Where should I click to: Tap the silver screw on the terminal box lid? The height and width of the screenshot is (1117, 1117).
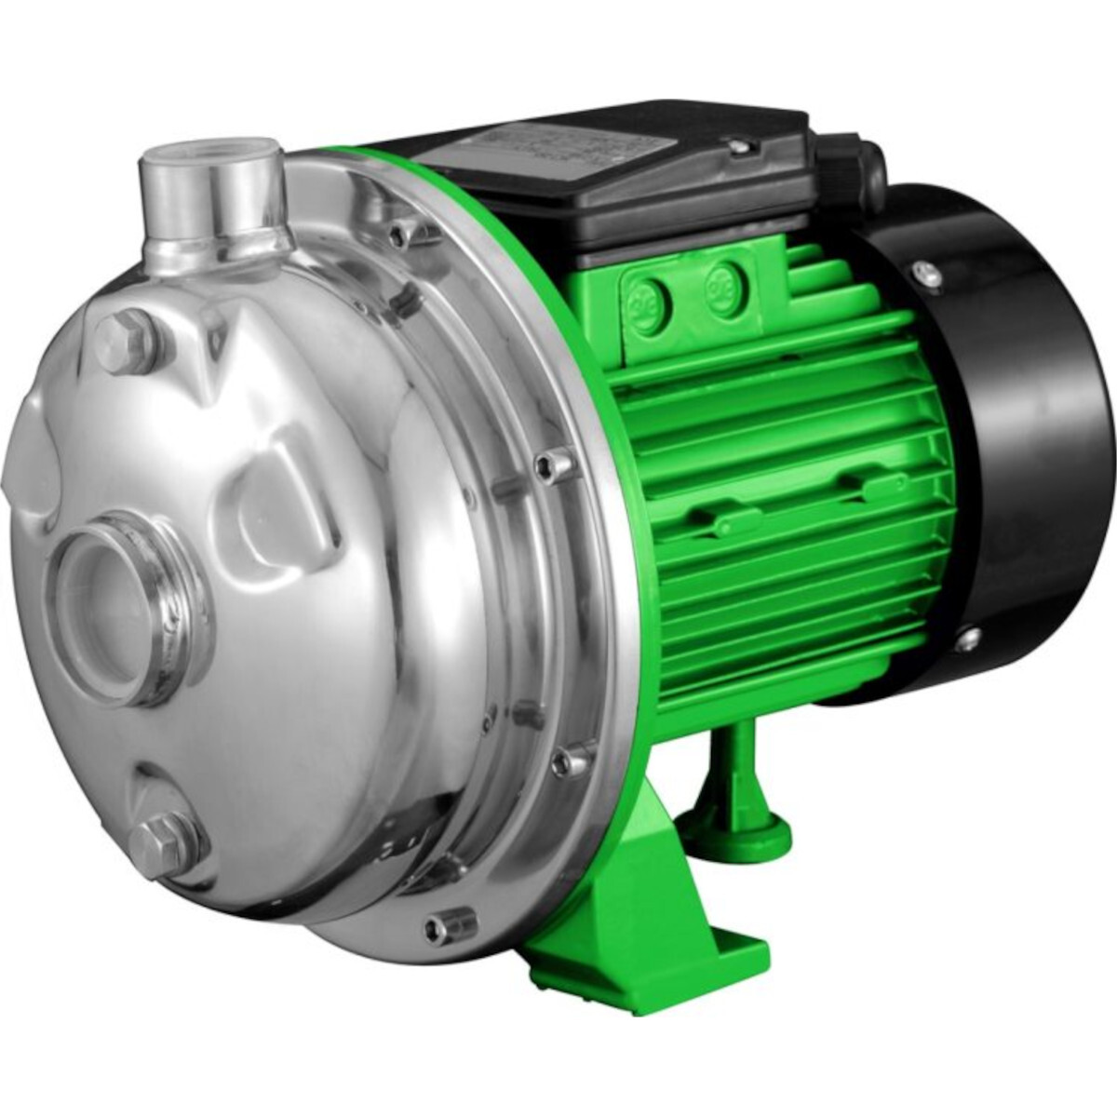740,143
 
